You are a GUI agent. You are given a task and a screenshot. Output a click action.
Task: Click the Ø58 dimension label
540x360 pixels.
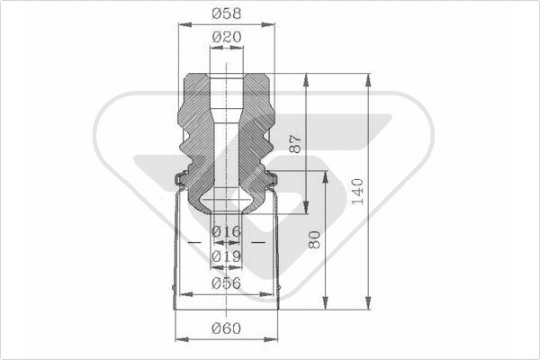(226, 13)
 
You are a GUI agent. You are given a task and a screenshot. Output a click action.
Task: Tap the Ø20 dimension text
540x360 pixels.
(227, 37)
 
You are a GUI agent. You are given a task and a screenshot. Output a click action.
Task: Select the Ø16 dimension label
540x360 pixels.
(226, 231)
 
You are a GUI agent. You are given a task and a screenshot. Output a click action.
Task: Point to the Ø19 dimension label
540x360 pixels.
(226, 256)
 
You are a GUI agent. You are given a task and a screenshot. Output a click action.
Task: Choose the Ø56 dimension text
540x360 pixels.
(226, 283)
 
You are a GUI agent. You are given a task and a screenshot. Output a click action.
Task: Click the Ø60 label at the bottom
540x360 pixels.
(226, 328)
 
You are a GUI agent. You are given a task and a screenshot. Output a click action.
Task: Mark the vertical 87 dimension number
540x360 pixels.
(295, 144)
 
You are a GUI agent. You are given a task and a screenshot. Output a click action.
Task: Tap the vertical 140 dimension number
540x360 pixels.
(357, 191)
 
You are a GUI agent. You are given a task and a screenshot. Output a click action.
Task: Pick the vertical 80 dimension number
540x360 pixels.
(314, 239)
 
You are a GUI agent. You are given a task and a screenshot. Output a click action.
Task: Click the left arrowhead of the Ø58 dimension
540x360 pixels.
(184, 24)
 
